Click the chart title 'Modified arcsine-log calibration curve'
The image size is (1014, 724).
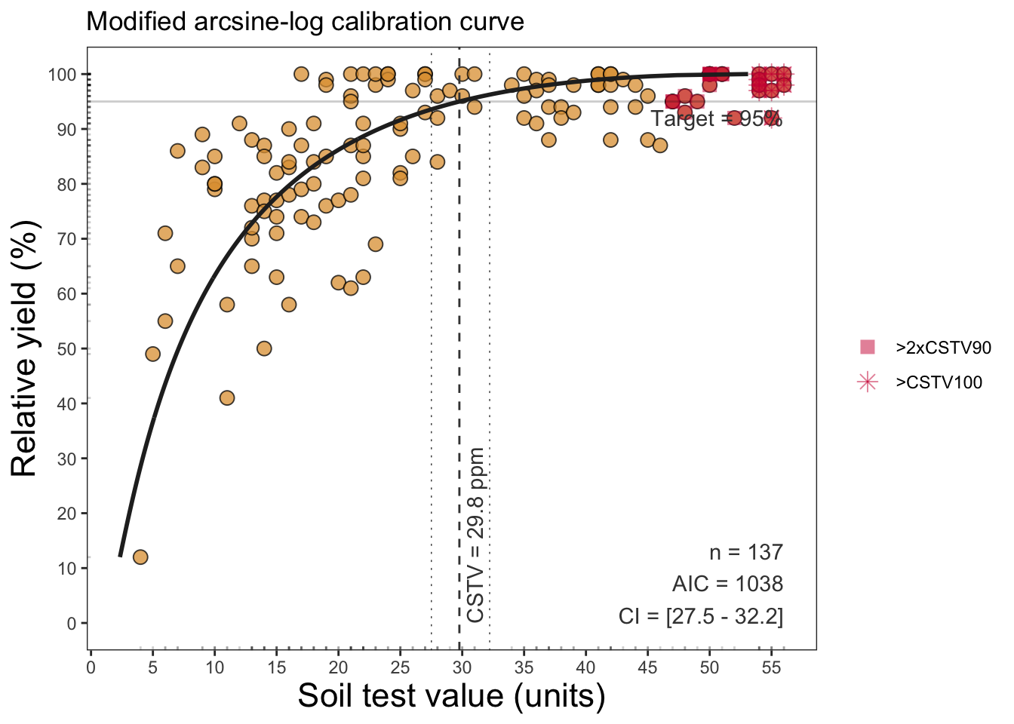pyautogui.click(x=305, y=22)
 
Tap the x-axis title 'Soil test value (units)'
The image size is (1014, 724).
pyautogui.click(x=451, y=695)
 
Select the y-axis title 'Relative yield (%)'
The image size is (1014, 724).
pyautogui.click(x=24, y=348)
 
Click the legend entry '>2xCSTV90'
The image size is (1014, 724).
pyautogui.click(x=939, y=348)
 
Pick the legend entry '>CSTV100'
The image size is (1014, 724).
pyautogui.click(x=939, y=382)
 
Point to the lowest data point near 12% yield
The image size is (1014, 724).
pyautogui.click(x=140, y=557)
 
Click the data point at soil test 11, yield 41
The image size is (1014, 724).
pyautogui.click(x=227, y=397)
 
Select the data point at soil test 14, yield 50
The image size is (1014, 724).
pyautogui.click(x=264, y=348)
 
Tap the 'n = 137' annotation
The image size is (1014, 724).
pyautogui.click(x=745, y=552)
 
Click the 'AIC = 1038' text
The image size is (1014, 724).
pyautogui.click(x=727, y=584)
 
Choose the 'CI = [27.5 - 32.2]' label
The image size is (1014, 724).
pyautogui.click(x=700, y=616)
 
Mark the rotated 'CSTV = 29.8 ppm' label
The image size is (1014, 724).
pyautogui.click(x=475, y=535)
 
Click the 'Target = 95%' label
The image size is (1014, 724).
pyautogui.click(x=716, y=118)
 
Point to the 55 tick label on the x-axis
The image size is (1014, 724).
pyautogui.click(x=771, y=667)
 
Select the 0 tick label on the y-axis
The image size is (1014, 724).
pyautogui.click(x=72, y=624)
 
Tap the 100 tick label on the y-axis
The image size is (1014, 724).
pyautogui.click(x=62, y=75)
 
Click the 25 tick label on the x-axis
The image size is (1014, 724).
pyautogui.click(x=400, y=667)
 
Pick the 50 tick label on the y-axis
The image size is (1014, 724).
pyautogui.click(x=66, y=349)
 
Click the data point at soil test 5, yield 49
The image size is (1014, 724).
pyautogui.click(x=153, y=354)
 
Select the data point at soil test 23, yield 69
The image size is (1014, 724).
pyautogui.click(x=376, y=244)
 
